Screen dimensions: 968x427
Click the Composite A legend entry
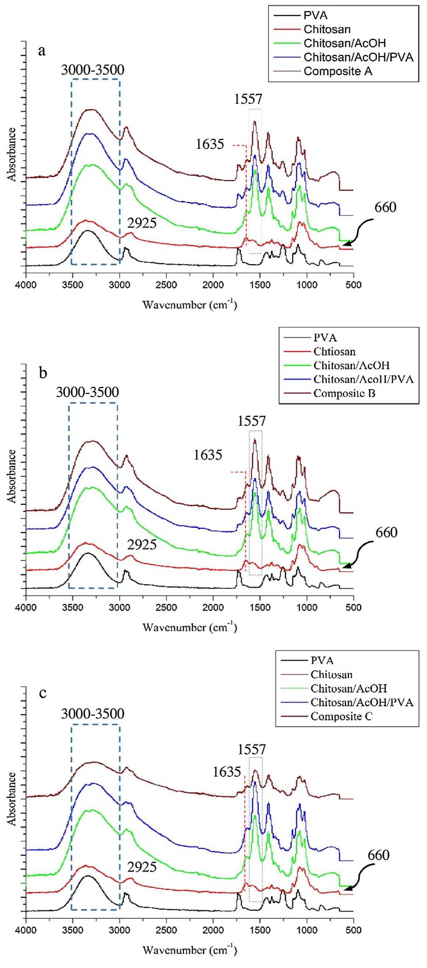click(338, 71)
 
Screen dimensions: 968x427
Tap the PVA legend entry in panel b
click(325, 337)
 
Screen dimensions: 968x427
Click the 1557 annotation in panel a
click(248, 99)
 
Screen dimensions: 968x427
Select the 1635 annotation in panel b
click(208, 455)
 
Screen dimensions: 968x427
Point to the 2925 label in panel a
click(142, 223)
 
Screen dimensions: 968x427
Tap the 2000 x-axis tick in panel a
click(213, 285)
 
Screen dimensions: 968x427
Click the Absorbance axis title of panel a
click(13, 154)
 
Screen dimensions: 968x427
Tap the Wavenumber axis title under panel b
click(190, 627)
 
